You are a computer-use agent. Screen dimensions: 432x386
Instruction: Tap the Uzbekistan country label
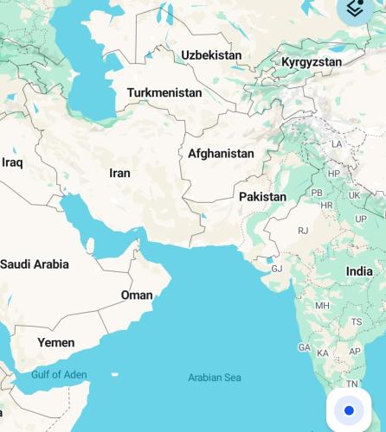[211, 55]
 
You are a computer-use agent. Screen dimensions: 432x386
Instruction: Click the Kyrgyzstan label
[312, 62]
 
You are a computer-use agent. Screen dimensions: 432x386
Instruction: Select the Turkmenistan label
[164, 92]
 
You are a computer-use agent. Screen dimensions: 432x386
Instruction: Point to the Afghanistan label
[221, 154]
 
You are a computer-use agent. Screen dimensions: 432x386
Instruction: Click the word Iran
[119, 173]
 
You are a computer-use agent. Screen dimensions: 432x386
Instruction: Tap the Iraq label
[12, 162]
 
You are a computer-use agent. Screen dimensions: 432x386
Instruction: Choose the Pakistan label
[262, 197]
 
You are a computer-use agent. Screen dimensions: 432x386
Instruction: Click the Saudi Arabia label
[35, 264]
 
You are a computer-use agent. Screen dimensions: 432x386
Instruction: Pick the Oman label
[137, 295]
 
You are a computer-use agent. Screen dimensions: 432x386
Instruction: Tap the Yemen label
[55, 343]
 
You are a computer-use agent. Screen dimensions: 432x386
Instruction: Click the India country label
[359, 271]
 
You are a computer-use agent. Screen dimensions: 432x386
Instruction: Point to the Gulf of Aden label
[59, 374]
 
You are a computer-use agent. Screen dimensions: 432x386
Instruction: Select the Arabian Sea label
[215, 378]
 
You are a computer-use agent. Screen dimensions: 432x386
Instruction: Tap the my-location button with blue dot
[349, 410]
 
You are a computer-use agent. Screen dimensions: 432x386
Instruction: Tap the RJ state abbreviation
[303, 231]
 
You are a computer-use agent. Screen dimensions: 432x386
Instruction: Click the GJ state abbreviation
[277, 269]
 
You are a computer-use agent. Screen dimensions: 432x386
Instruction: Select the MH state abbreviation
[322, 306]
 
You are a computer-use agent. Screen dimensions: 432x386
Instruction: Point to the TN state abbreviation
[351, 383]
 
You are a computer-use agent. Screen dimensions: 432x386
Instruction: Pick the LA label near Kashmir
[337, 143]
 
